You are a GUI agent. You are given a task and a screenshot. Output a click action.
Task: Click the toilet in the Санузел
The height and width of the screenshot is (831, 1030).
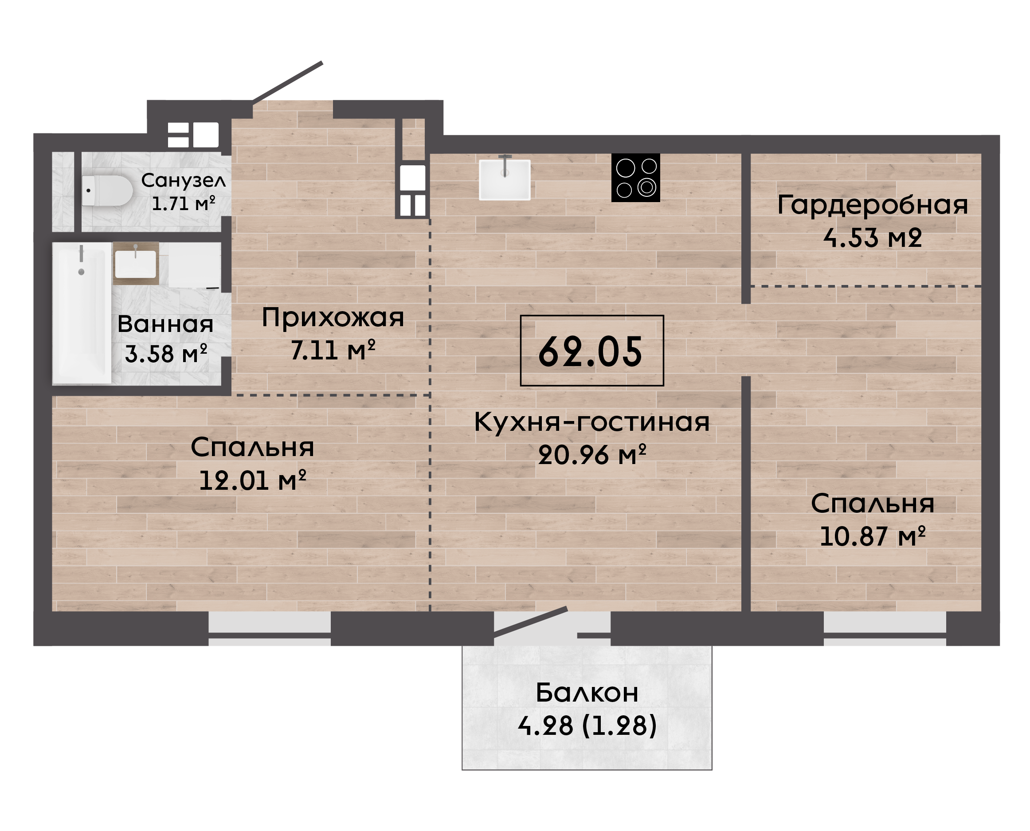[107, 191]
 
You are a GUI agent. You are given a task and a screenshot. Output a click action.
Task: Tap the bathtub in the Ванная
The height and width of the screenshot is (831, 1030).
[82, 313]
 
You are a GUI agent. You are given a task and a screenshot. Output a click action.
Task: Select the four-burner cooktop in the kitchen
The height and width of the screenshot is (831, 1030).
[636, 178]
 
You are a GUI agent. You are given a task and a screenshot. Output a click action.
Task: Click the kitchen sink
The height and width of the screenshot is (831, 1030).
[505, 179]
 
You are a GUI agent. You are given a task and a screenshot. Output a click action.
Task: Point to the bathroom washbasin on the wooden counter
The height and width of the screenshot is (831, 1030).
[136, 264]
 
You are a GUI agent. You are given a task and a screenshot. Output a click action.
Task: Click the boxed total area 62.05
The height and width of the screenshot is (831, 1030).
[592, 351]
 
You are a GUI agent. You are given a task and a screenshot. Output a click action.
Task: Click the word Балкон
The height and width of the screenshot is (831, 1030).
[587, 693]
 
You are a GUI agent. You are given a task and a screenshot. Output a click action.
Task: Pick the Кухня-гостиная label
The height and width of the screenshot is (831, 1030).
[592, 423]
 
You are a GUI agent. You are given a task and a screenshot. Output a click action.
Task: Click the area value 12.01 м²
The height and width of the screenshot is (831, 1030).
[252, 480]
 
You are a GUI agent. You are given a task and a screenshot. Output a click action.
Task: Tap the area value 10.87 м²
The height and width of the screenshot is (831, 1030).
[873, 536]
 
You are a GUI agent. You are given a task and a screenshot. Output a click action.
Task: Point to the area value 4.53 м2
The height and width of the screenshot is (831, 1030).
[873, 238]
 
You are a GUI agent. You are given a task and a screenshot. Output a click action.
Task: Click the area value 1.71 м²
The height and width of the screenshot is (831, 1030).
[184, 204]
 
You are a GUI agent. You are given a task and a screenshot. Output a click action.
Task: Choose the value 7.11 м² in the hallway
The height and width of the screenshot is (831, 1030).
[333, 351]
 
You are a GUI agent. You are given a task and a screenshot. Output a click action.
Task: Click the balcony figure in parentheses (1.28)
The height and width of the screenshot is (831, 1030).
[619, 726]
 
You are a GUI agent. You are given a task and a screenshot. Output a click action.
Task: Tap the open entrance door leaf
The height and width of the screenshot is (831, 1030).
[288, 82]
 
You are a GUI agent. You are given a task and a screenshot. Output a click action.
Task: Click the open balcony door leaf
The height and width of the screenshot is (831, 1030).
[531, 622]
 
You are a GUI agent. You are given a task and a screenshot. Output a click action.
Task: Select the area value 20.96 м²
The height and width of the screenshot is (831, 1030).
[592, 455]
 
